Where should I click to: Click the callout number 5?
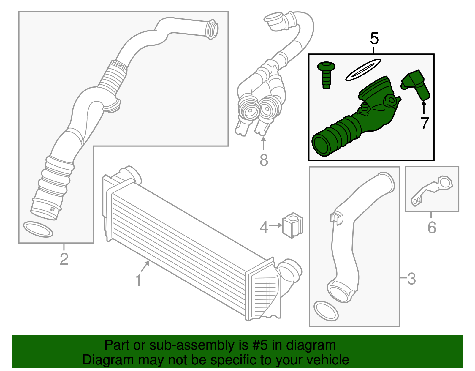[374, 39]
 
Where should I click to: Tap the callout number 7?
[425, 124]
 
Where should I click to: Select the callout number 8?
[264, 160]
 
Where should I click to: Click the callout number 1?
[138, 280]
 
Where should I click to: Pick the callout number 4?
[264, 227]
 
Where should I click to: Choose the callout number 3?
[411, 279]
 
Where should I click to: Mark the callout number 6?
[432, 227]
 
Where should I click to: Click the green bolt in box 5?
[326, 75]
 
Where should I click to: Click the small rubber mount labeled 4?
[292, 225]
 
